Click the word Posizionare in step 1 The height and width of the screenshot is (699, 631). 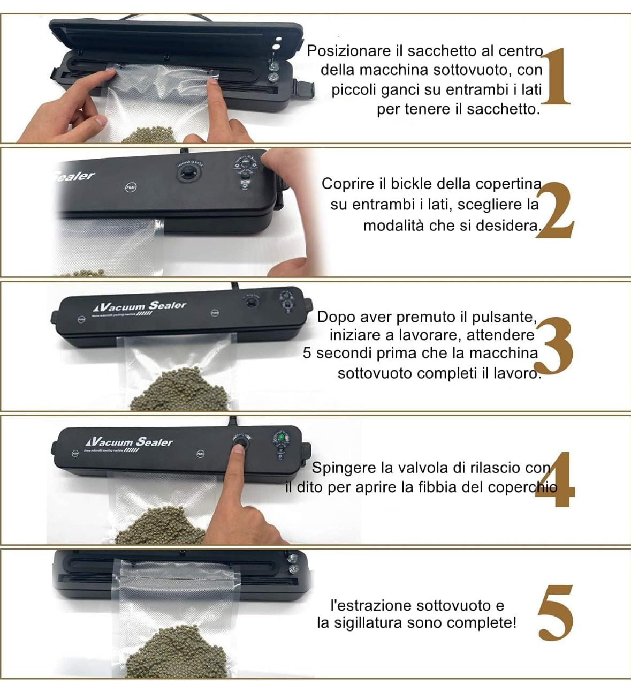(349, 51)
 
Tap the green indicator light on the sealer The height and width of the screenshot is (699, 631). (279, 437)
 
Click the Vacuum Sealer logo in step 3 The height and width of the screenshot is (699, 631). (140, 306)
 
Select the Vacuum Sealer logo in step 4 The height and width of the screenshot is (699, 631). (129, 442)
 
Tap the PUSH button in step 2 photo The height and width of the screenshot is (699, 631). (131, 187)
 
